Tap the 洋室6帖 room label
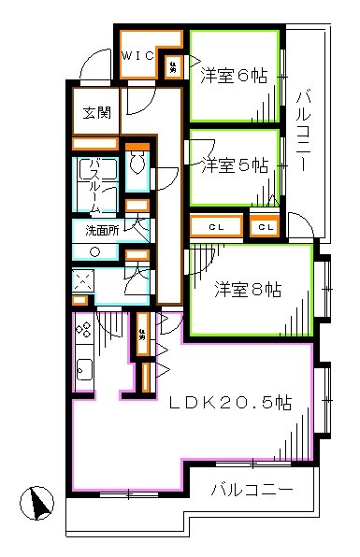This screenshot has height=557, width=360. [x=234, y=78]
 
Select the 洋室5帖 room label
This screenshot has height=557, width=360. [x=235, y=165]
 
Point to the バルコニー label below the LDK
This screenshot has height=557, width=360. [x=251, y=489]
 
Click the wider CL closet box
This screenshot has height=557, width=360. [x=216, y=226]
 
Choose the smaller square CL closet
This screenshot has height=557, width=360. [x=266, y=226]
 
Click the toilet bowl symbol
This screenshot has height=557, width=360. [x=137, y=165]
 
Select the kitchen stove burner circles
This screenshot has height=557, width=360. [x=82, y=329]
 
